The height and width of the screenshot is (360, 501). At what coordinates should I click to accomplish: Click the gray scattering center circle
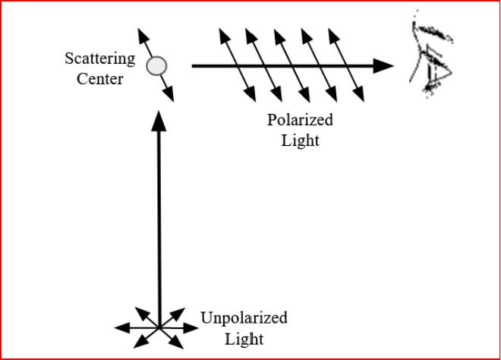coord(156,67)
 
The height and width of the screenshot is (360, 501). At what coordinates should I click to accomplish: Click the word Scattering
coord(99,58)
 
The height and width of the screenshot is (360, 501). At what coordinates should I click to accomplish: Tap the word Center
coord(99,77)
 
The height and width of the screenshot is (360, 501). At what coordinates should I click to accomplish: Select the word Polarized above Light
coord(300,120)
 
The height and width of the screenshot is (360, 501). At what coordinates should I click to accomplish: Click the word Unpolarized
coord(244,317)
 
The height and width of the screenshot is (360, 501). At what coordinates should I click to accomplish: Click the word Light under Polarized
coord(300,140)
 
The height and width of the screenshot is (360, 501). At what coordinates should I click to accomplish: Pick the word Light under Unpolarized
coord(244,338)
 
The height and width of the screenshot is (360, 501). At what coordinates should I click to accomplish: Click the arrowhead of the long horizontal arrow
coord(385,66)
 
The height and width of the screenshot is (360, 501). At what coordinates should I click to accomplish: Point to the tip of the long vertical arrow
coord(159,118)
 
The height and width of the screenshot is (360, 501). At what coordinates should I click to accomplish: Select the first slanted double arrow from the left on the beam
coord(238,65)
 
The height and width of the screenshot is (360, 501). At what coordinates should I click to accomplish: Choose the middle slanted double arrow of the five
coord(291,65)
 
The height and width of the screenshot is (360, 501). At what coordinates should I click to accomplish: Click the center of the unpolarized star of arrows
coord(159,327)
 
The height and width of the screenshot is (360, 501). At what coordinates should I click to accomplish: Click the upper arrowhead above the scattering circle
coord(140,35)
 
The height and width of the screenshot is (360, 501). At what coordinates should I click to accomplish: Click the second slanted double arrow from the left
coord(264,65)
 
